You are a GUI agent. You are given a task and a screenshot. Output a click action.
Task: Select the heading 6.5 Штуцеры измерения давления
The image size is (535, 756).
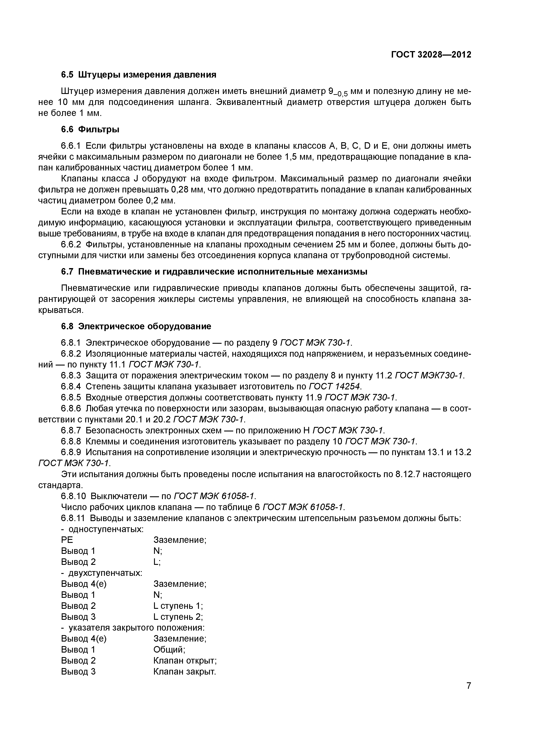[x=138, y=75]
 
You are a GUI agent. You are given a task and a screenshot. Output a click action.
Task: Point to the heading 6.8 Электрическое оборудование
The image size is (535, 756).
[x=136, y=326]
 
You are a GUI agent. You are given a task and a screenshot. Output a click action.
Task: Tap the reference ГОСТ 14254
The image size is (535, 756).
[x=335, y=386]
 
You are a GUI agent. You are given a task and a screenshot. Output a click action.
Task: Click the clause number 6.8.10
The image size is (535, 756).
[x=73, y=496]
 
